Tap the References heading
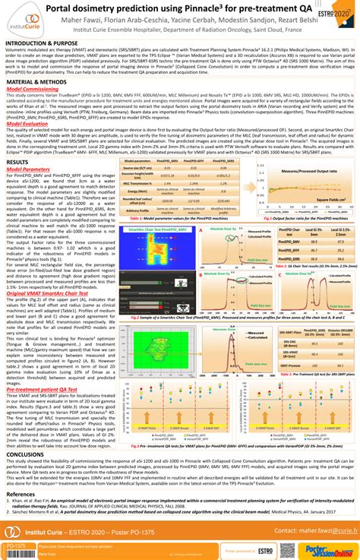21,494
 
